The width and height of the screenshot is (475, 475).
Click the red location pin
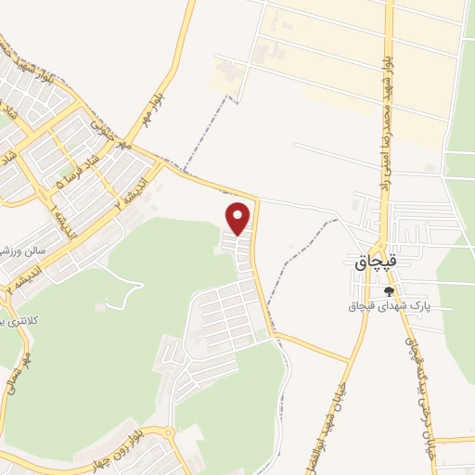click(x=238, y=218)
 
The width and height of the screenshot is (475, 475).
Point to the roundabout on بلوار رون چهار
click(x=167, y=432)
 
